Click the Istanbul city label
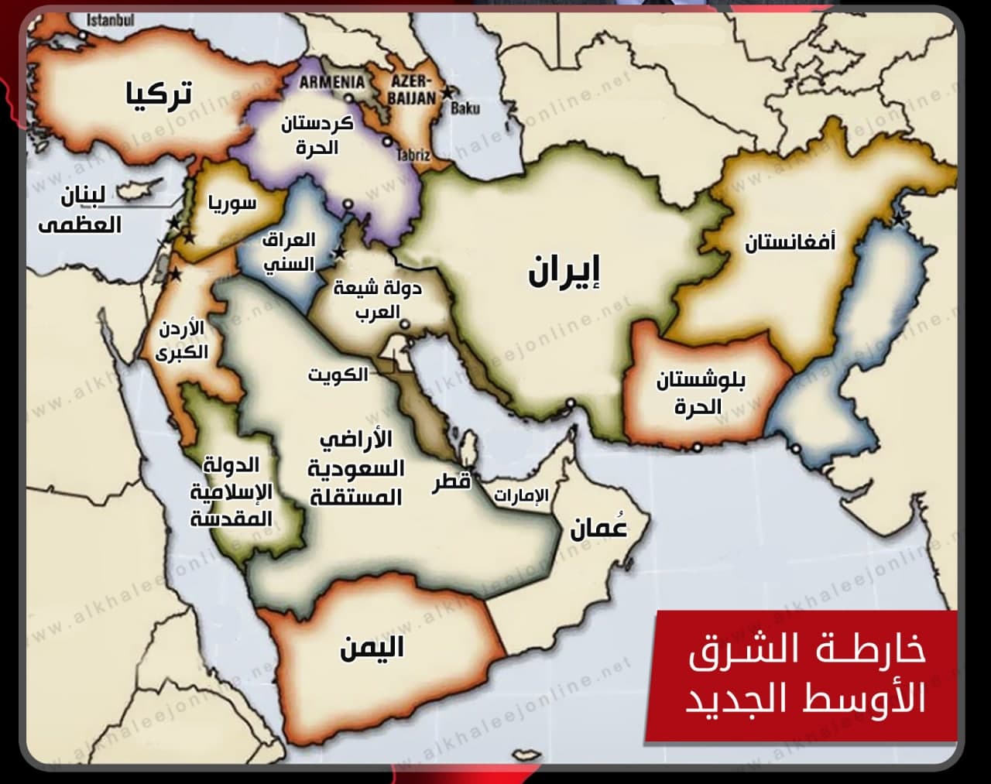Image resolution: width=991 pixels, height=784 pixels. pos(111,18)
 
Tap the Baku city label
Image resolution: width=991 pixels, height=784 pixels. pos(465,108)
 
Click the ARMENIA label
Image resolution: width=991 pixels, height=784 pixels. pos(332,82)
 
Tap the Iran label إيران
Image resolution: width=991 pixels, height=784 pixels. pos(564,273)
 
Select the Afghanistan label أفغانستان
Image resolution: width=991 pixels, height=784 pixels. pos(790,243)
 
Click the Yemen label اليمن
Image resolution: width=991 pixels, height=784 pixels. pos(372,647)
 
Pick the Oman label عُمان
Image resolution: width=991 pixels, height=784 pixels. pos(598,528)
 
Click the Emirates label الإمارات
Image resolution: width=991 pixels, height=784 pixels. pos(521,496)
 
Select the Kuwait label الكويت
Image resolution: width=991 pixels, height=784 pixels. pos(338,375)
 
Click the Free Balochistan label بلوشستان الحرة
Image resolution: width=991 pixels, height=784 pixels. pos(701,393)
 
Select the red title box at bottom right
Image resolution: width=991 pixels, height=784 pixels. pos(805,675)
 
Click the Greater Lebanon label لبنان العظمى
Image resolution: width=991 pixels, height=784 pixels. pos(81,211)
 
